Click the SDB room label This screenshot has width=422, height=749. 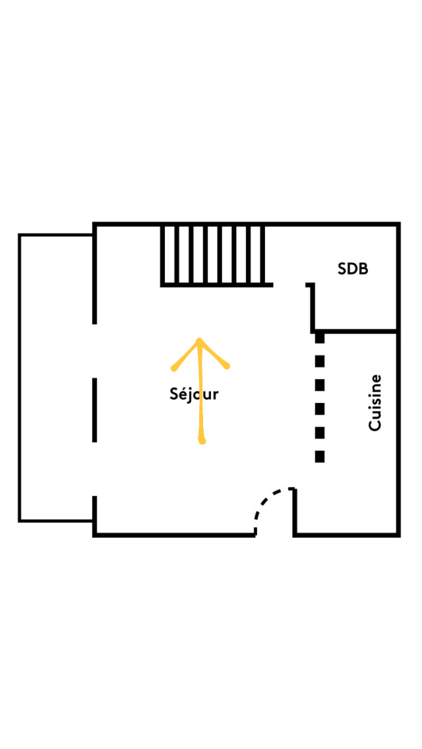pos(353,269)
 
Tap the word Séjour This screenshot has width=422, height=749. pos(194,394)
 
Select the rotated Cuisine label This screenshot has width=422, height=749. pos(375,403)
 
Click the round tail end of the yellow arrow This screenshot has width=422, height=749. pos(202,440)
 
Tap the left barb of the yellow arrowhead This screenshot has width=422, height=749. pos(175,367)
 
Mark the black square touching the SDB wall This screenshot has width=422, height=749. pos(320,338)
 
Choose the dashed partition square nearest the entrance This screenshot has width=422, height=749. pos(320,456)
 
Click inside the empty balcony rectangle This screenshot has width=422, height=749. pos(56,378)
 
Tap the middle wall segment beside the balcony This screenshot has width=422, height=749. pos(95,409)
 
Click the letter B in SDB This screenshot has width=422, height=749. pos(363,269)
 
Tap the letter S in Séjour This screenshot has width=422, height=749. pos(175,394)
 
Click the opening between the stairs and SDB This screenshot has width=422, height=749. pos(290,285)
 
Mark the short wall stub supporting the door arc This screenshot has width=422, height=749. pos(294,511)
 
